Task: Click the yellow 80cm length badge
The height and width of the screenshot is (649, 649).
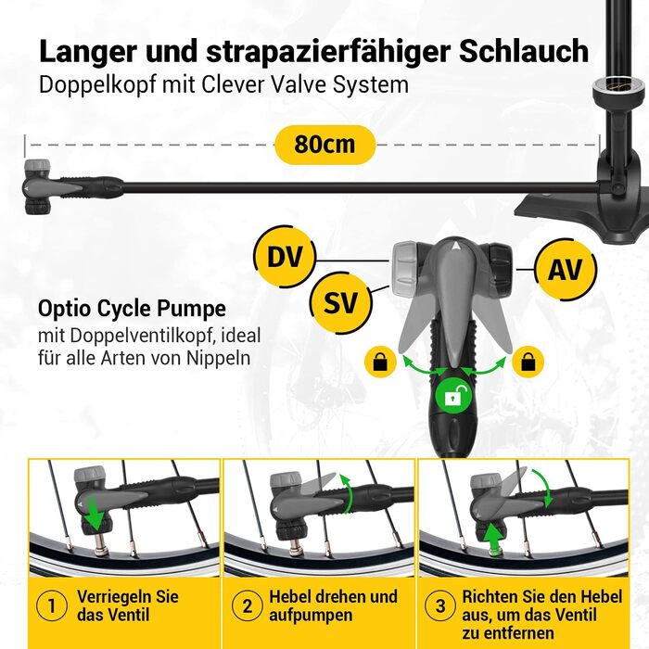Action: pos(324,145)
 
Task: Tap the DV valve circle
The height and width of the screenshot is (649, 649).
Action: pos(285,257)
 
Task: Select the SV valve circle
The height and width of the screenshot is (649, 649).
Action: pos(341,302)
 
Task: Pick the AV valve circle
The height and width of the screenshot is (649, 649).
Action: pos(566,270)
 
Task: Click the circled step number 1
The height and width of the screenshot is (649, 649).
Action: pos(51,606)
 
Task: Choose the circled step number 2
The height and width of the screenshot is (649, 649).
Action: pos(248,606)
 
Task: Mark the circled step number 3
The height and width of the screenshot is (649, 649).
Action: pos(440,606)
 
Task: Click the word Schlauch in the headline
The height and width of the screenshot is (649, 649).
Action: pos(524,51)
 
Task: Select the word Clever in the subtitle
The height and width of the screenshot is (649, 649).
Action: pos(233,84)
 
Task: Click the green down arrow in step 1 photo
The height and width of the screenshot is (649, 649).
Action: pos(95,515)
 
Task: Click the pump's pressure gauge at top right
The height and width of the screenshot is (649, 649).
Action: pos(608,89)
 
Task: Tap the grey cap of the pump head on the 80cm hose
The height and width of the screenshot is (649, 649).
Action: pos(37,169)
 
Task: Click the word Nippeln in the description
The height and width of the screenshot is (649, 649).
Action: pos(218,358)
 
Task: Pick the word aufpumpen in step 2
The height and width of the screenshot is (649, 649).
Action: pos(311,615)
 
